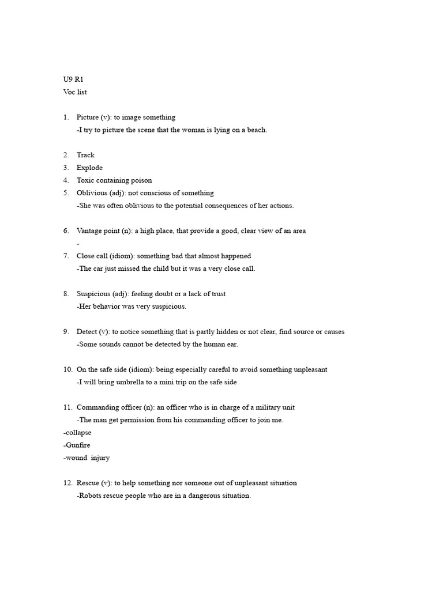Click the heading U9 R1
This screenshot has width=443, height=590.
[x=73, y=80]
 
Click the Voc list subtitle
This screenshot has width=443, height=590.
[x=75, y=92]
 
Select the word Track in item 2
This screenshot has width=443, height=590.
[x=85, y=155]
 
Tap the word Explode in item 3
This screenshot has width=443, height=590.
[x=89, y=168]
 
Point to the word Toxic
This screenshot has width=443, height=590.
[x=86, y=180]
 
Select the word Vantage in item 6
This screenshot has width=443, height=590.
[x=89, y=231]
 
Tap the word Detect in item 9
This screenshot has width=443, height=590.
[x=87, y=332]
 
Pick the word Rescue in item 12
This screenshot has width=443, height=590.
[x=88, y=483]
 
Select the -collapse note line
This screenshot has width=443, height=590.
[x=77, y=433]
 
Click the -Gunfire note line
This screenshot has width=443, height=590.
[x=77, y=445]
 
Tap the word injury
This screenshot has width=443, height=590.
[x=100, y=458]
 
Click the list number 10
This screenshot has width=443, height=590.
[x=67, y=370]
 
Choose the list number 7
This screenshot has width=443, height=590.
[x=66, y=256]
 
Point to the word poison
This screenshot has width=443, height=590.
[x=142, y=180]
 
